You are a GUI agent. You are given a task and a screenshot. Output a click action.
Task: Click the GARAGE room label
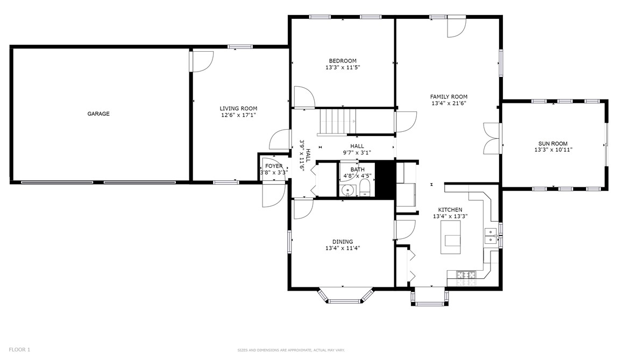[98, 114]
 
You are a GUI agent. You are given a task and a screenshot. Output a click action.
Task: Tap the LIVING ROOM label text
[238, 109]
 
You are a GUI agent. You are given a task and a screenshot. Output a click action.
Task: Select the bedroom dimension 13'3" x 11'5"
[343, 68]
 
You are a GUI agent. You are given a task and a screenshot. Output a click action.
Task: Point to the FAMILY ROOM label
[449, 97]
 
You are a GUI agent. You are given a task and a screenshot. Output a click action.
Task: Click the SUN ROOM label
[552, 144]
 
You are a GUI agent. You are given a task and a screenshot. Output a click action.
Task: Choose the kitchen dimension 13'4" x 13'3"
[450, 216]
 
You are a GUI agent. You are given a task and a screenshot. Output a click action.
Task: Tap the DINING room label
[343, 242]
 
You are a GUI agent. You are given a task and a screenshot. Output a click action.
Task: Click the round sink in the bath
[347, 190]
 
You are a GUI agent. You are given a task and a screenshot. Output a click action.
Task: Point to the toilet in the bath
[365, 188]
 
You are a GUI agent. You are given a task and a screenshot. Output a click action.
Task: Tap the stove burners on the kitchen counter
[466, 275]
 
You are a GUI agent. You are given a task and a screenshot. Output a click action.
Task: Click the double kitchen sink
[491, 236]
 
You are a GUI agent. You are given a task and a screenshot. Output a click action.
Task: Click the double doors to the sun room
[492, 139]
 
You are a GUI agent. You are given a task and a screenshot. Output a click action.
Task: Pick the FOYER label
[274, 166]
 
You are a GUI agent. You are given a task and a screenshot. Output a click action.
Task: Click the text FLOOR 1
[19, 350]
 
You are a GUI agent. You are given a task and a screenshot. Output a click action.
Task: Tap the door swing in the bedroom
[304, 97]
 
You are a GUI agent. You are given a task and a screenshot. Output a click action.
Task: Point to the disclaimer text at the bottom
[291, 350]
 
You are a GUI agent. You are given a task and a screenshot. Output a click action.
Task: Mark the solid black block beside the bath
[385, 180]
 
